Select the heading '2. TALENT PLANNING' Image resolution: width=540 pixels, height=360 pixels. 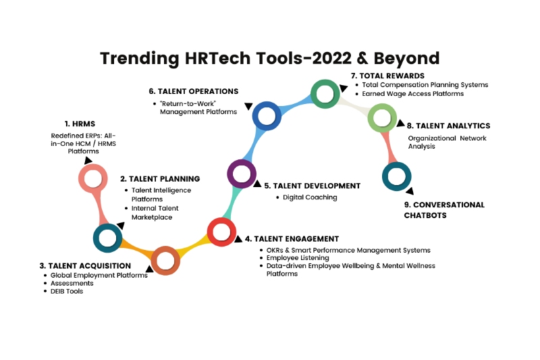click(160, 179)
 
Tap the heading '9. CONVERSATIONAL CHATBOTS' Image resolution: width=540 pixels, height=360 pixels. click(444, 210)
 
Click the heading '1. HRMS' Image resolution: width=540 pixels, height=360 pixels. click(80, 124)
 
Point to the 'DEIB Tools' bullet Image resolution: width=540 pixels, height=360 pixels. click(67, 291)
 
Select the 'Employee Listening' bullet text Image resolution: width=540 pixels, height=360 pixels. click(298, 258)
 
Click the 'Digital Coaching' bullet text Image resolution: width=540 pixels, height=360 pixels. click(310, 197)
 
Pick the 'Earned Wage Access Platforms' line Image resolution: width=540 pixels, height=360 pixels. click(412, 94)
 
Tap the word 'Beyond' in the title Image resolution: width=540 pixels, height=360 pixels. click(407, 58)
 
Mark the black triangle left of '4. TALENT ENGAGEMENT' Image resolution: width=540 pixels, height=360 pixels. click(238, 239)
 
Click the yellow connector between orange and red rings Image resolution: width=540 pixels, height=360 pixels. click(194, 245)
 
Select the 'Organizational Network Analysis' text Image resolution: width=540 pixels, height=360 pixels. click(447, 142)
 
